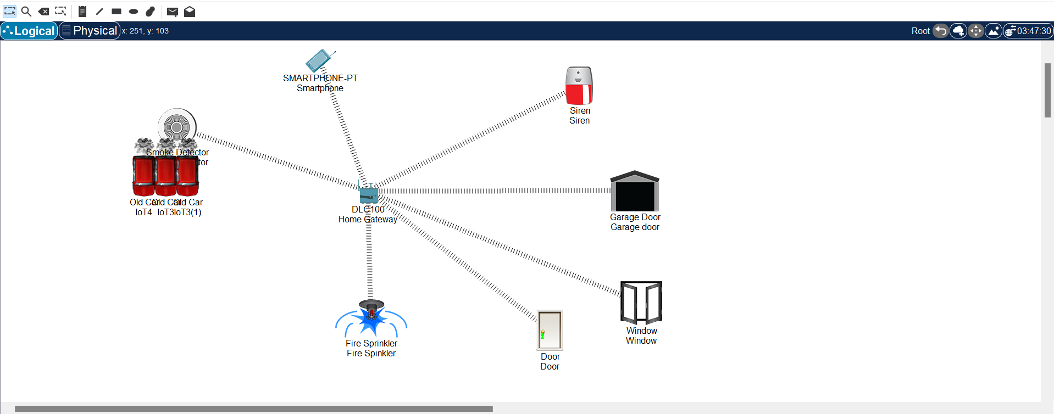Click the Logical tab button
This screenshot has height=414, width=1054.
[x=29, y=31]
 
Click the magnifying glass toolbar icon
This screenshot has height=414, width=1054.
[x=26, y=11]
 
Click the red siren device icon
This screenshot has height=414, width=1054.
[x=579, y=86]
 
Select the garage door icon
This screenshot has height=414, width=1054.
[x=635, y=191]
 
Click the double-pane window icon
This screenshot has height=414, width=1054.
[x=641, y=303]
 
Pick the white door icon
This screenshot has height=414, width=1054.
[x=550, y=330]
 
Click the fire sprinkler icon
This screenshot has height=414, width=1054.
[x=371, y=318]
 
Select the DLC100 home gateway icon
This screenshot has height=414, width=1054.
[x=369, y=194]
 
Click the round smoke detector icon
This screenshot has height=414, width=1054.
[x=177, y=127]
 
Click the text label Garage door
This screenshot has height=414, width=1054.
[x=635, y=227]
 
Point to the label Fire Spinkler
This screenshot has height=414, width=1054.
[x=371, y=354]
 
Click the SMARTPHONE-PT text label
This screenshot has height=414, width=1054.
[x=320, y=78]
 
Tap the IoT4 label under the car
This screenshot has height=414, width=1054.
[x=143, y=212]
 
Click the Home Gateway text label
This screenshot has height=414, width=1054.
[x=367, y=220]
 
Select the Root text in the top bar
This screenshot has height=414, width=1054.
[x=920, y=31]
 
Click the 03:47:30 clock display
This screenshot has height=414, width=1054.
[x=1033, y=31]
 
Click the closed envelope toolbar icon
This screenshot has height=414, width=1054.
[x=172, y=12]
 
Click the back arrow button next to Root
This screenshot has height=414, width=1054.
[x=941, y=31]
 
